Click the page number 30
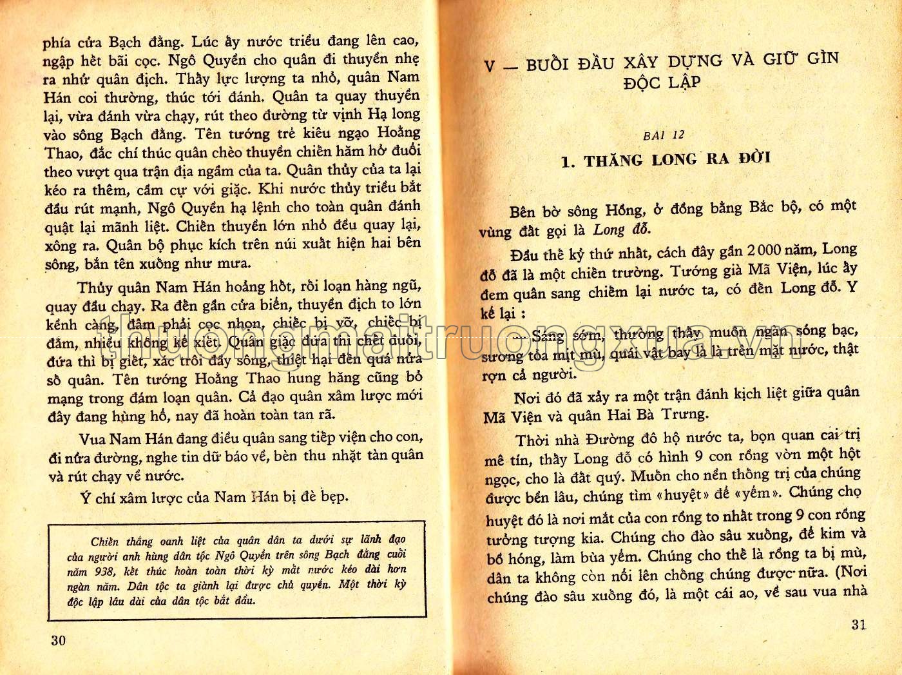(x=58, y=640)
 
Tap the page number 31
(x=858, y=624)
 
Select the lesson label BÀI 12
(x=664, y=135)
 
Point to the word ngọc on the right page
(x=501, y=480)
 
